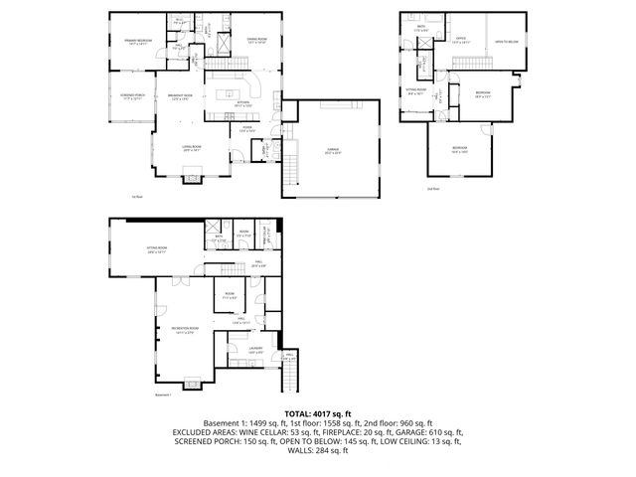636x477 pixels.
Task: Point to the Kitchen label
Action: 243,103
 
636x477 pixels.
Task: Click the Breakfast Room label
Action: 180,96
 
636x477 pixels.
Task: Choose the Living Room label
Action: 192,148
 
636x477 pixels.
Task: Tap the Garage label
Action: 333,150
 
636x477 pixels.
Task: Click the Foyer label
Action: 246,128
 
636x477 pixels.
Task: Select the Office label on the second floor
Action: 461,41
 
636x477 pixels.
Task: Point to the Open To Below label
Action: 507,42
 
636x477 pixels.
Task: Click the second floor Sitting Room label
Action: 416,91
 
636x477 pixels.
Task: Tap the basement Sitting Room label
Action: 156,249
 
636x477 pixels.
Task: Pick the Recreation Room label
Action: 185,329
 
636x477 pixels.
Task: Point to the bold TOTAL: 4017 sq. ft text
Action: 317,412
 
